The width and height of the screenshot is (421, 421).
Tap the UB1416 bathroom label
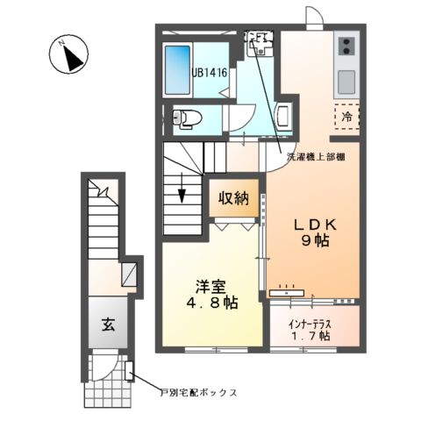[210, 75]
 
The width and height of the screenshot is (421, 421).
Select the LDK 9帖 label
[310, 231]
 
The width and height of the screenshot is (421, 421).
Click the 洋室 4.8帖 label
[210, 294]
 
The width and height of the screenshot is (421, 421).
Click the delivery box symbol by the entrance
[129, 371]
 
